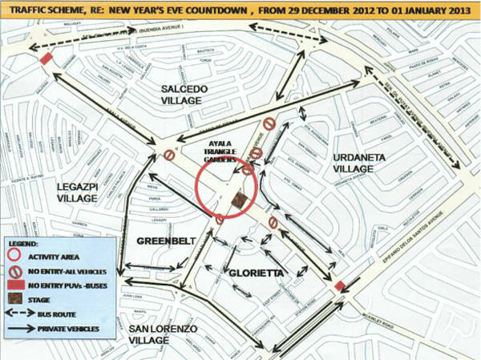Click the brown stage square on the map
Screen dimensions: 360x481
[238, 202]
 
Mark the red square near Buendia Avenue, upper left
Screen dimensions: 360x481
[46, 59]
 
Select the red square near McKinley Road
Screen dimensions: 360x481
[339, 286]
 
